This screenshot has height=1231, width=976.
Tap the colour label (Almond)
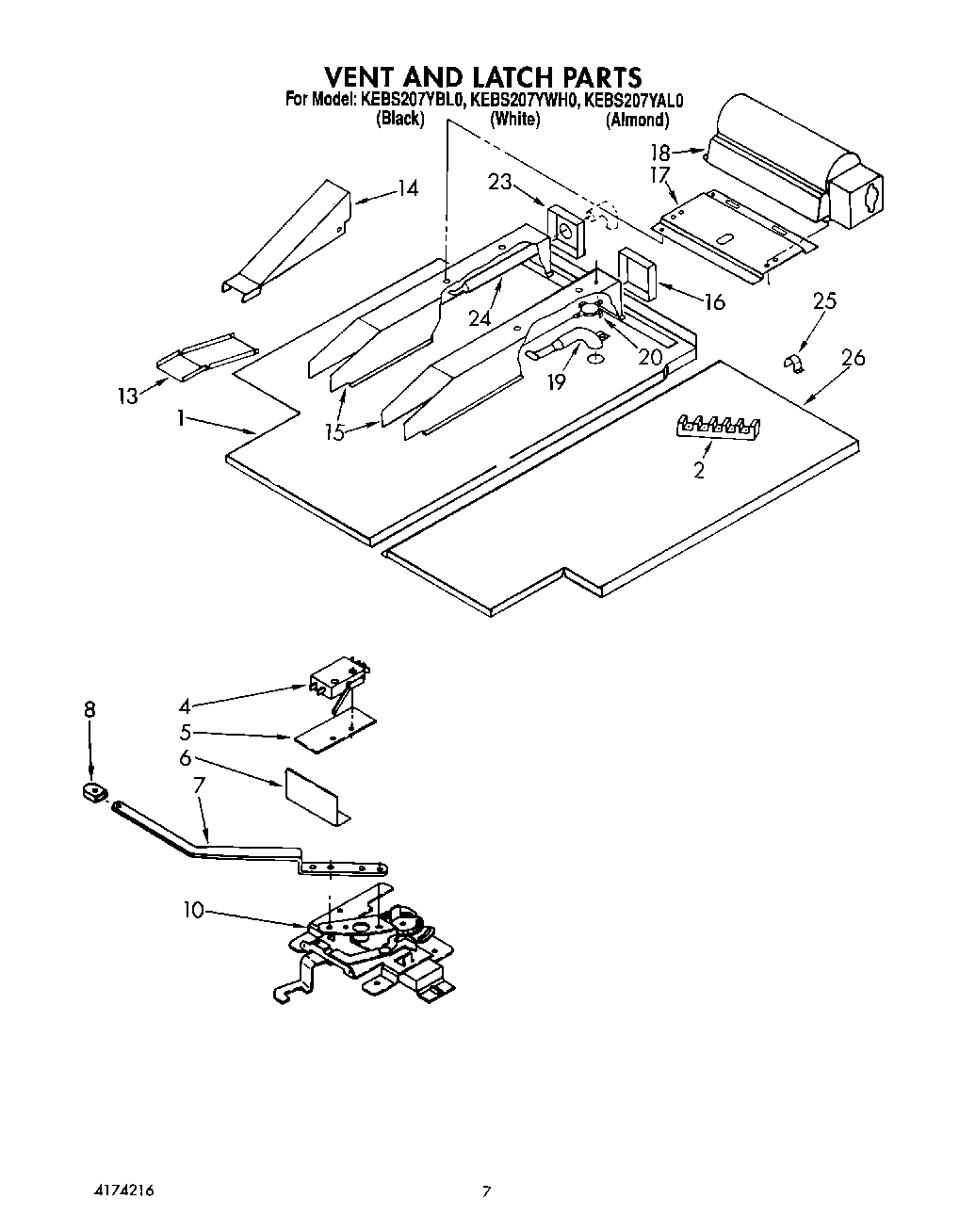638,120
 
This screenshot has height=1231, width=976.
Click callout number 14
406,188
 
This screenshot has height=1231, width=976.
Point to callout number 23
499,182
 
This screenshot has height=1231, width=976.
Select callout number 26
854,358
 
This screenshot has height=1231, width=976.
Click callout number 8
89,710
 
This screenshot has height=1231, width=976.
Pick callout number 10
193,911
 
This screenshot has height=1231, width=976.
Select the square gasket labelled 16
635,274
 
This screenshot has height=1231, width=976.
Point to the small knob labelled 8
94,793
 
